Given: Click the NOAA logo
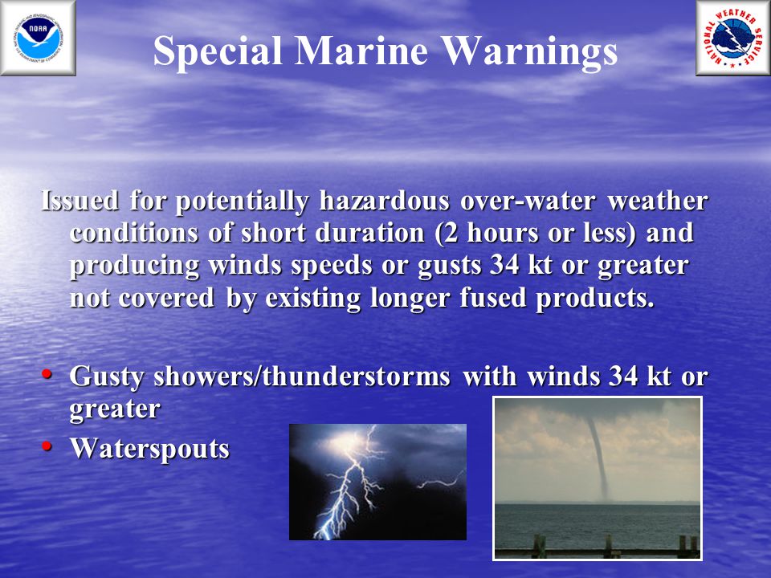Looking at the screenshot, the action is pos(38,39).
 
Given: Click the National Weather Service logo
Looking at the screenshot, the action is pos(733,39).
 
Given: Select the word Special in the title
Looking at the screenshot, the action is pos(218,51).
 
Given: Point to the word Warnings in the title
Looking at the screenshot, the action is pos(529,52).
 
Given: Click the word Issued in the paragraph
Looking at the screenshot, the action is pos(80,200).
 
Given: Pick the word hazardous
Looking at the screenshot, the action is pos(384,200).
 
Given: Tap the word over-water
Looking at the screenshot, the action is pos(528,201).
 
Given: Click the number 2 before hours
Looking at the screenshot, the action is pos(452,233).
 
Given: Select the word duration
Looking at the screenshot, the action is pos(369,233).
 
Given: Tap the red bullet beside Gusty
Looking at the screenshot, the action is pos(47,373).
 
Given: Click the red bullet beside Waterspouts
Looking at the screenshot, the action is pos(47,446).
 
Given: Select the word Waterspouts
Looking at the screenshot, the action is pos(149,448).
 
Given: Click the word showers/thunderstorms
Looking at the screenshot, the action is pos(302,376).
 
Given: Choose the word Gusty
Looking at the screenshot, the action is pos(107,377).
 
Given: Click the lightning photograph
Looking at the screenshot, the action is pos(377,482).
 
